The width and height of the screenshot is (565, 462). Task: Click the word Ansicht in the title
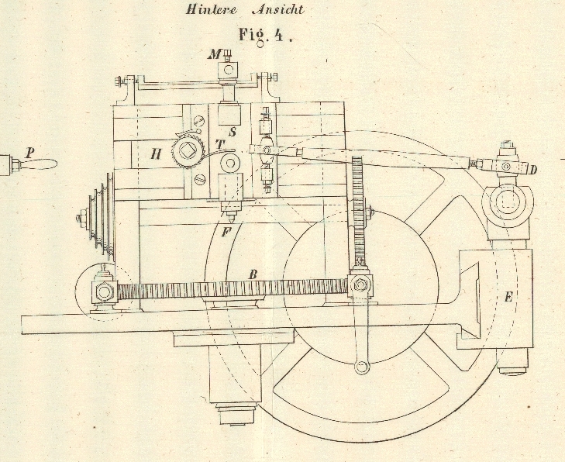point(277,10)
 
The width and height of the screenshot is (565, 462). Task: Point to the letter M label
point(215,54)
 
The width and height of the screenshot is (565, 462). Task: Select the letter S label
point(232,133)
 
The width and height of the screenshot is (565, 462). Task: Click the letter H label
point(157,154)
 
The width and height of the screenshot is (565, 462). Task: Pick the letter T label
point(219,144)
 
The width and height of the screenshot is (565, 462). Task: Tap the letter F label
point(225,229)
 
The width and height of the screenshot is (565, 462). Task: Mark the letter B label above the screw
point(253,274)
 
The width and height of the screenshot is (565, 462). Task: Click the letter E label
point(508,295)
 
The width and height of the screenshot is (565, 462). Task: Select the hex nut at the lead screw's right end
point(360,284)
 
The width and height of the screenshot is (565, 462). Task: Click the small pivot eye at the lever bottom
point(361,367)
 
